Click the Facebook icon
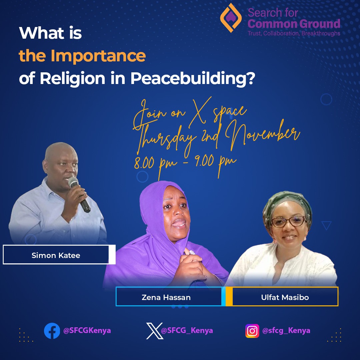click(x=52, y=331)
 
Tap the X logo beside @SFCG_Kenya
click(x=155, y=331)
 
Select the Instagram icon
click(x=252, y=331)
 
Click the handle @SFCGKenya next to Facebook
click(x=87, y=331)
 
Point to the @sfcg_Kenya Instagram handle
click(x=286, y=331)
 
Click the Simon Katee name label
click(x=56, y=256)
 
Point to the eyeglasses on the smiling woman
click(x=289, y=221)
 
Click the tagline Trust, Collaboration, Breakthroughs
click(x=294, y=33)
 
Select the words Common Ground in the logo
click(x=294, y=24)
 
